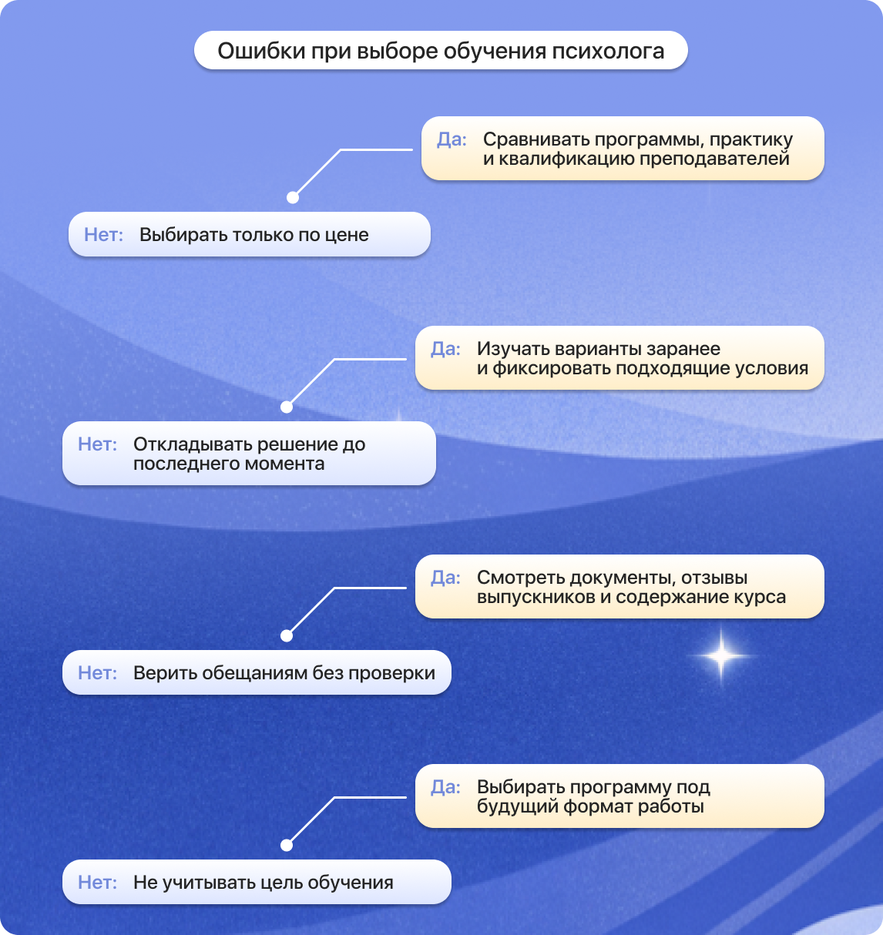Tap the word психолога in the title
coord(608,52)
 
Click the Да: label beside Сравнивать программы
coord(452,140)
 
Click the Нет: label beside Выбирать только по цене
coord(104,234)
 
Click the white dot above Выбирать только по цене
coord(293,198)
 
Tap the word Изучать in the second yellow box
coord(513,350)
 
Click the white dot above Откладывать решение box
coord(287,407)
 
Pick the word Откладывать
coord(193,444)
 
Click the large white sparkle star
coord(721,655)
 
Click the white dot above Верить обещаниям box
coord(287,636)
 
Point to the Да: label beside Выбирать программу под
coord(445,787)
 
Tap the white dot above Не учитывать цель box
coord(287,846)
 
